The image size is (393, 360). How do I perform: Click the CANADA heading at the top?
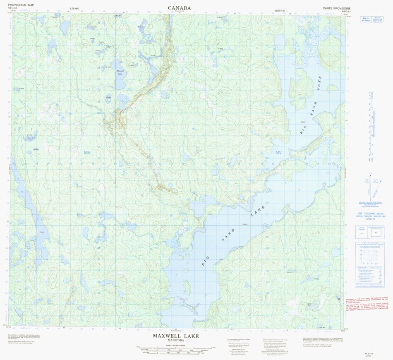179,8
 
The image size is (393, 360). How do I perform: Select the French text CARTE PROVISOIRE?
337,8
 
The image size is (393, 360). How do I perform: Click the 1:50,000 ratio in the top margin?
75,9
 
